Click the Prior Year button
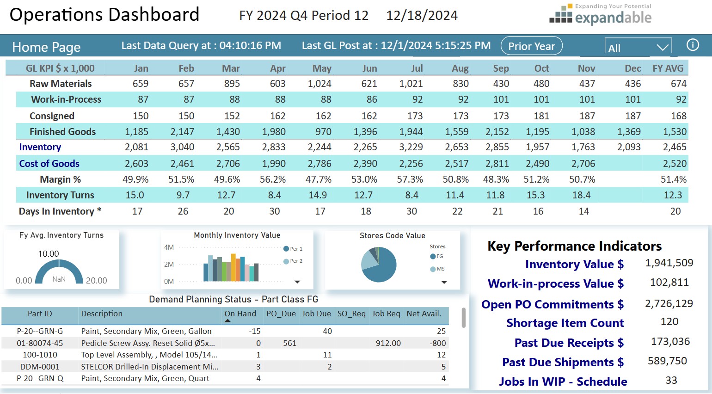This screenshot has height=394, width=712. [x=531, y=46]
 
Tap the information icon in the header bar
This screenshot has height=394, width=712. [x=692, y=45]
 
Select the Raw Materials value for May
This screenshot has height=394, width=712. [x=319, y=84]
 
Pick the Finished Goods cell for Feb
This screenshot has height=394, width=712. [x=182, y=132]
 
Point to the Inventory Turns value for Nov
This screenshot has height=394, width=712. [x=581, y=195]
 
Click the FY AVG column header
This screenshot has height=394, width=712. [x=668, y=68]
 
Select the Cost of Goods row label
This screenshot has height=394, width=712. [x=49, y=164]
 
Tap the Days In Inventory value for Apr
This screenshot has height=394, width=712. [x=275, y=211]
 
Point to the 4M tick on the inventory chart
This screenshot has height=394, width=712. [x=169, y=247]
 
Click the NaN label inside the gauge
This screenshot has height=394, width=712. [x=59, y=279]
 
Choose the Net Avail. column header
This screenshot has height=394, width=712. [x=424, y=314]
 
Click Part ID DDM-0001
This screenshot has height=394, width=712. [x=40, y=367]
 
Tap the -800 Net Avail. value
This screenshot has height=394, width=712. [x=437, y=343]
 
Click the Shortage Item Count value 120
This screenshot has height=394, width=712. [x=669, y=322]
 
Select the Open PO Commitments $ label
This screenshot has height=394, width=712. [x=552, y=304]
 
